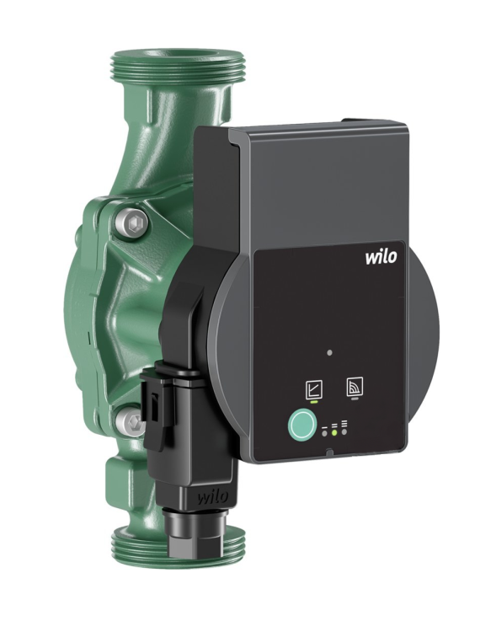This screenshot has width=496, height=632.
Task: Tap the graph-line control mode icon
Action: (312, 389)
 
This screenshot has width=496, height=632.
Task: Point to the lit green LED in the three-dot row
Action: (334, 431)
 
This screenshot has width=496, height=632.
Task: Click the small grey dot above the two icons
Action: (330, 352)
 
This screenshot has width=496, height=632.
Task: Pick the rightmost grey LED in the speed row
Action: (344, 431)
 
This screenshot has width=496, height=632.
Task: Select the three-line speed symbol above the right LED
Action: (344, 423)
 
